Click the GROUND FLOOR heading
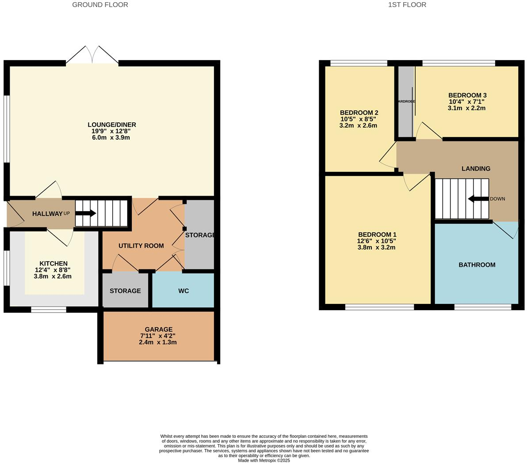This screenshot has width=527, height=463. click(x=100, y=5)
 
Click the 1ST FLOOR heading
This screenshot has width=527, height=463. click(x=407, y=5)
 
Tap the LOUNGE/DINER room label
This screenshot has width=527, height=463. click(x=111, y=125)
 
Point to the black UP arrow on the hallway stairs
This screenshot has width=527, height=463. click(x=86, y=213)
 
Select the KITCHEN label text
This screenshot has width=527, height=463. click(x=53, y=263)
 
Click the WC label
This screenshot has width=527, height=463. click(x=183, y=291)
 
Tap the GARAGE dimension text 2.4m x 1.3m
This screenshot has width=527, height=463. click(x=158, y=342)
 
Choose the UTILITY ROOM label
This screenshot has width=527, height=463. click(x=141, y=246)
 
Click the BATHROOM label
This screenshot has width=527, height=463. click(x=477, y=265)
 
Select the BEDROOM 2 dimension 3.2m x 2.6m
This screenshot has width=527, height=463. click(x=358, y=125)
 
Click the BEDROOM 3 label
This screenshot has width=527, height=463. click(x=467, y=95)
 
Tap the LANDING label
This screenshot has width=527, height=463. click(x=476, y=168)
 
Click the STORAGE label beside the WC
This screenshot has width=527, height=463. click(x=125, y=291)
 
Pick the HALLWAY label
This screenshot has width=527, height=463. click(x=47, y=214)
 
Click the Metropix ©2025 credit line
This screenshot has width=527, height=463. click(x=263, y=460)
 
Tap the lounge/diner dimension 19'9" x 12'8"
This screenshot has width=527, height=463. click(x=111, y=131)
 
